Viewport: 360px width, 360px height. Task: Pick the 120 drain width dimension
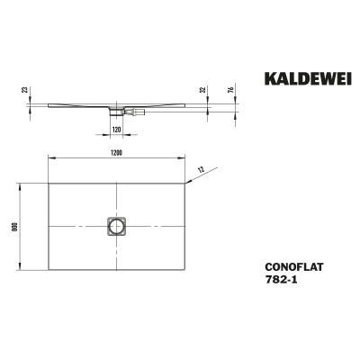[116, 130]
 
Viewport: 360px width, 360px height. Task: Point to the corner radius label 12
[202, 169]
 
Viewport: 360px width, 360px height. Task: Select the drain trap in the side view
[116, 112]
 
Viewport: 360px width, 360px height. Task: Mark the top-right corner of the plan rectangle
[185, 184]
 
